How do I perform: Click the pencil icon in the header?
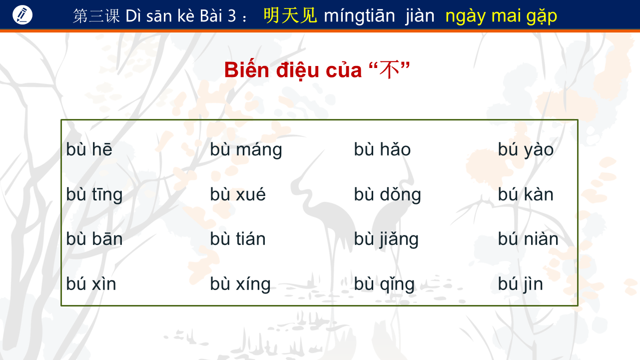pyautogui.click(x=22, y=15)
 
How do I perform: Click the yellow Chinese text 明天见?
pyautogui.click(x=290, y=15)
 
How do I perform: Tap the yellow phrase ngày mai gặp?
pyautogui.click(x=501, y=16)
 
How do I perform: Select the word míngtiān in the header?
pyautogui.click(x=359, y=15)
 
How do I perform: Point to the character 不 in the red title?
pyautogui.click(x=389, y=70)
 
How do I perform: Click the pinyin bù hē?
pyautogui.click(x=89, y=149)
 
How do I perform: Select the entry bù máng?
pyautogui.click(x=246, y=150)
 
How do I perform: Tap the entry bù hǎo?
pyautogui.click(x=382, y=149)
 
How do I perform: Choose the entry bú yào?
pyautogui.click(x=526, y=150)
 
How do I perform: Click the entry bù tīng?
pyautogui.click(x=94, y=194)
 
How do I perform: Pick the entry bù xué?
pyautogui.click(x=238, y=194)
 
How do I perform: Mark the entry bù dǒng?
pyautogui.click(x=387, y=194)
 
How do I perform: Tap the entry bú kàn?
pyautogui.click(x=526, y=194)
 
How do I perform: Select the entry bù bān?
pyautogui.click(x=94, y=239)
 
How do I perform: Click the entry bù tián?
pyautogui.click(x=238, y=239)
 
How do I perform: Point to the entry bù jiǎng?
pyautogui.click(x=386, y=239)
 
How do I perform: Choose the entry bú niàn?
pyautogui.click(x=528, y=239)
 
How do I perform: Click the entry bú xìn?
pyautogui.click(x=91, y=283)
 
